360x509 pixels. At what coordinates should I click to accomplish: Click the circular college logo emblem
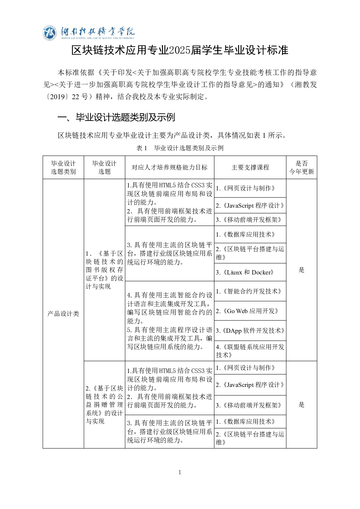(x=50, y=33)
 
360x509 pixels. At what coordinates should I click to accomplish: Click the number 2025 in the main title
(x=180, y=50)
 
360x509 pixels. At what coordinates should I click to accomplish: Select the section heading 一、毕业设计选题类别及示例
(x=116, y=117)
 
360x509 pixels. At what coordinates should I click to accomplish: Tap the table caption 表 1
(x=141, y=148)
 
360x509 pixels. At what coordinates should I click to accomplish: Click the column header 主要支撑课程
(x=250, y=167)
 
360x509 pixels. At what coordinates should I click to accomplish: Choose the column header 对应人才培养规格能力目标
(x=169, y=167)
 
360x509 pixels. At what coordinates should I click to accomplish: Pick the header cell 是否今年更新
(x=301, y=167)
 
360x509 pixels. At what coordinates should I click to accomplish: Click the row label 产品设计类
(x=63, y=314)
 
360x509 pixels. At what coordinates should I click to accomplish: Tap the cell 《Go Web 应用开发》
(x=247, y=311)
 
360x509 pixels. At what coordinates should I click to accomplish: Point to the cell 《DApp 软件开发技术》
(x=250, y=331)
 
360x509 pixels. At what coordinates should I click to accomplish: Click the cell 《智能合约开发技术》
(x=249, y=291)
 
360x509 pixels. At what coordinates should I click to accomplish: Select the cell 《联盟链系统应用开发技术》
(x=250, y=351)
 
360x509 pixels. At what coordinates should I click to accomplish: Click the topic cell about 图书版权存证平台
(x=104, y=270)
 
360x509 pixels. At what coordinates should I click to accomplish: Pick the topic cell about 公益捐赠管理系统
(x=104, y=404)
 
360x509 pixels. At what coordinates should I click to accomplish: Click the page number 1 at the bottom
(x=180, y=472)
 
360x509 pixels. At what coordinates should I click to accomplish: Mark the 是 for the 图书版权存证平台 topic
(x=301, y=270)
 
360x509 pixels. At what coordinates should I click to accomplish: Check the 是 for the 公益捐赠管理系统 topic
(x=301, y=404)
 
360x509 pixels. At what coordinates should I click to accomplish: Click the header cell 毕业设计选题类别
(x=63, y=167)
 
